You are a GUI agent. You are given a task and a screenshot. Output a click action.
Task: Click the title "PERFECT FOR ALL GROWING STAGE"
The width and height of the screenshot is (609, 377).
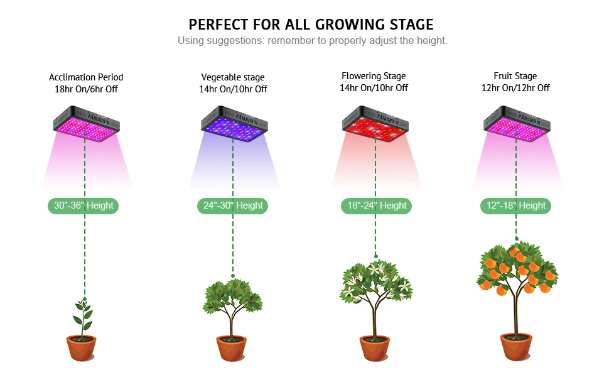click(x=311, y=25)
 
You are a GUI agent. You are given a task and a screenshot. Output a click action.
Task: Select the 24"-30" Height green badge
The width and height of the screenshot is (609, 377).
click(x=232, y=205)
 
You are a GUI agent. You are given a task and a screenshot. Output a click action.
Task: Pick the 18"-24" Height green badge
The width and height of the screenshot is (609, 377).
click(x=376, y=205)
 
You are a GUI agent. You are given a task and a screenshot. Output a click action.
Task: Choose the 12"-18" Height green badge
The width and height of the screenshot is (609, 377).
click(x=515, y=205)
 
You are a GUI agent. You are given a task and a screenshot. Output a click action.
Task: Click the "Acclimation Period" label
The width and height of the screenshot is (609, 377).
click(x=86, y=77)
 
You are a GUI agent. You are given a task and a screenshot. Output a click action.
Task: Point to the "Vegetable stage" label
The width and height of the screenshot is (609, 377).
click(x=233, y=77)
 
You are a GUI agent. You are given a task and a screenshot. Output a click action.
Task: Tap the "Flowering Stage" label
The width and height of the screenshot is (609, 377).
click(x=374, y=76)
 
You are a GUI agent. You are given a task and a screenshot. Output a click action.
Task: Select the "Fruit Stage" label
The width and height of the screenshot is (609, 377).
click(x=515, y=76)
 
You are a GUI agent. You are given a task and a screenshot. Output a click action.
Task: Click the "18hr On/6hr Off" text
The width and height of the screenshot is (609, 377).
click(x=86, y=89)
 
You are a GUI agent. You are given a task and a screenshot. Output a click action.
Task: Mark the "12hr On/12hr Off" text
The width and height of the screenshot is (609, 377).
click(x=515, y=88)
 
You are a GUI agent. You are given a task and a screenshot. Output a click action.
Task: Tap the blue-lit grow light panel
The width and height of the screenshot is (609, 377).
click(x=233, y=124)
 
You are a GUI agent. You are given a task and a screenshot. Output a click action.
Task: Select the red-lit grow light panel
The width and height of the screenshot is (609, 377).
click(x=375, y=124)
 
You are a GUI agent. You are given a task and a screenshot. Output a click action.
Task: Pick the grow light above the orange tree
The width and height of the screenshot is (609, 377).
click(x=517, y=124)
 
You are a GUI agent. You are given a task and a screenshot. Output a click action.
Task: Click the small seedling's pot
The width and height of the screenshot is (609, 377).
click(x=82, y=348)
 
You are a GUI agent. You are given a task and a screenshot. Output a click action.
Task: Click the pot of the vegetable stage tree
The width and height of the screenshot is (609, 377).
click(x=232, y=348)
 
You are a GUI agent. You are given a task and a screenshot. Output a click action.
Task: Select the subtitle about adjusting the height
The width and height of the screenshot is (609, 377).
click(x=312, y=41)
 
